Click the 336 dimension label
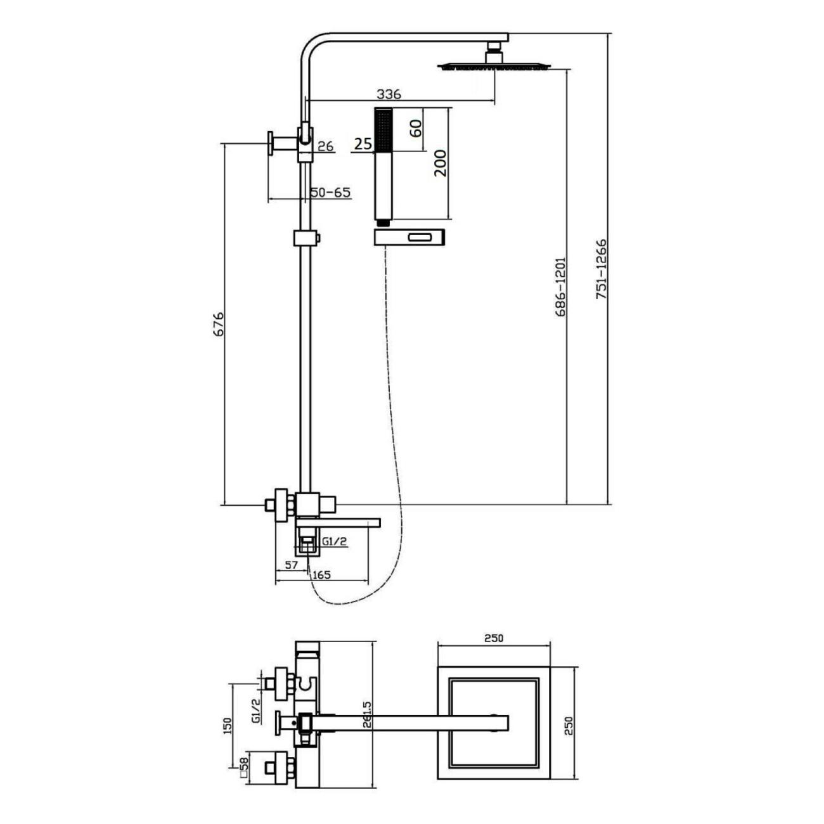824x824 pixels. click(389, 94)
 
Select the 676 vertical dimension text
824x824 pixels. click(218, 324)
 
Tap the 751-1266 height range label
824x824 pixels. click(602, 269)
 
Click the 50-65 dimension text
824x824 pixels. click(330, 192)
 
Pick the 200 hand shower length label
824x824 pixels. click(441, 163)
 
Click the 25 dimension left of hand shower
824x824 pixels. click(363, 145)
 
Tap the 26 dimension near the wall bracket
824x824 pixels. click(325, 146)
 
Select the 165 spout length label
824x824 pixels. click(322, 576)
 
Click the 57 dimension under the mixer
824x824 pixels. click(292, 565)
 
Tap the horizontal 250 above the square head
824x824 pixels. click(494, 638)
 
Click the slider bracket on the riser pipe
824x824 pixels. click(307, 239)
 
